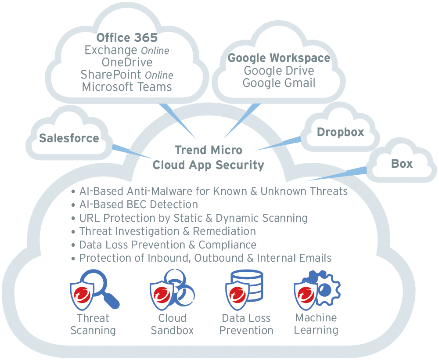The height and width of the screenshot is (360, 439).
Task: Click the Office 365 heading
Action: [x=127, y=38]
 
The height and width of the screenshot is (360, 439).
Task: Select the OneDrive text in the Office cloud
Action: [x=127, y=62]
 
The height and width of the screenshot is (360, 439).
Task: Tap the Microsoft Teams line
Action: [x=127, y=86]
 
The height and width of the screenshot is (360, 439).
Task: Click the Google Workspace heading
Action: [x=279, y=58]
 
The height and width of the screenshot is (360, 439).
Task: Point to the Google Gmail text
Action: [x=279, y=83]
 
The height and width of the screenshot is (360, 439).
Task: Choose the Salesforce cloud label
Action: [x=69, y=138]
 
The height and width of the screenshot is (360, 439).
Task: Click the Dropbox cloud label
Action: [x=340, y=132]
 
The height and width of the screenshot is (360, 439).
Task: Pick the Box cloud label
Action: [x=402, y=164]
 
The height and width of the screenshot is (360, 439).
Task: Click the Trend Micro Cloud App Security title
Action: [x=208, y=158]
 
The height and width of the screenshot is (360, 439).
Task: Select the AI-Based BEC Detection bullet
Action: [x=138, y=205]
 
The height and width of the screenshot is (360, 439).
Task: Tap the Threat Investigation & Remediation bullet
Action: [x=167, y=231]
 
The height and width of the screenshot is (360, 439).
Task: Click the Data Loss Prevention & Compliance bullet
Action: [x=168, y=245]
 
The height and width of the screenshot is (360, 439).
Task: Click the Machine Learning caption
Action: [x=316, y=324]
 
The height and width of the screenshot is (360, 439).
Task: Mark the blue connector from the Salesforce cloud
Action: [x=132, y=151]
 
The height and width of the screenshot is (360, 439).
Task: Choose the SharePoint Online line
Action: [x=127, y=75]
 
